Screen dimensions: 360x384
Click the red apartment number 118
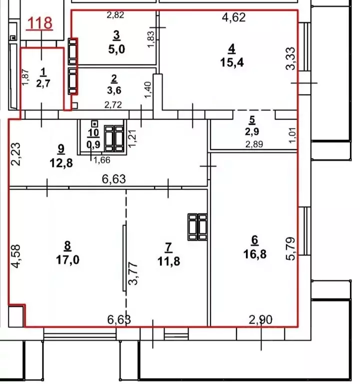(x=39, y=23)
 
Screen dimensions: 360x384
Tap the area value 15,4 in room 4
(x=232, y=62)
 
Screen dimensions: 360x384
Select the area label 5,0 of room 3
(x=116, y=49)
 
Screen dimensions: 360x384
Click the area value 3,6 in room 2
(x=114, y=90)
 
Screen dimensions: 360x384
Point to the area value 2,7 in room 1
(x=43, y=83)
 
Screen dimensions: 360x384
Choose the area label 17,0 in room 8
(x=67, y=259)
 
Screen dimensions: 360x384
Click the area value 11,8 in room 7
(x=168, y=261)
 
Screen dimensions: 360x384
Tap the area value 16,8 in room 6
(x=255, y=254)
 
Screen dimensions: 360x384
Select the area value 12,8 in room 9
(x=61, y=163)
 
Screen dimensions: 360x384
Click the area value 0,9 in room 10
(x=93, y=144)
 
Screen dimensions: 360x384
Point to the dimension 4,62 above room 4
(x=233, y=17)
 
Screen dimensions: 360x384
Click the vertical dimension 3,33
(x=291, y=58)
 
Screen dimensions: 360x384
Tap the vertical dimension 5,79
(x=290, y=248)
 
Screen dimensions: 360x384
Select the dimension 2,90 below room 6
(x=260, y=319)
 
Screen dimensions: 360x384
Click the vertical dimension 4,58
(x=16, y=256)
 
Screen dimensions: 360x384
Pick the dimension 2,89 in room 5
(x=254, y=144)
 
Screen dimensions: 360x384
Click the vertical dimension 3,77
(x=133, y=273)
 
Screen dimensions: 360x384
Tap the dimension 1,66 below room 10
(x=102, y=160)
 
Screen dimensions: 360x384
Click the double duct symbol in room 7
(x=197, y=227)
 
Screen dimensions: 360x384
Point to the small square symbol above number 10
(x=94, y=123)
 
